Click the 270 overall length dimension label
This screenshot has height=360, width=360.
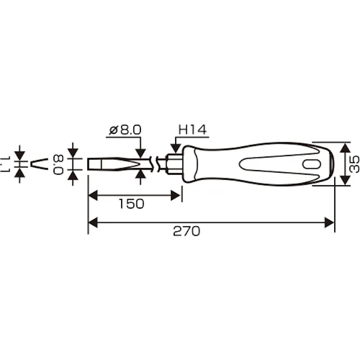coord(186,231)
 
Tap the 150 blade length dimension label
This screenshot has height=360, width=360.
coord(131,203)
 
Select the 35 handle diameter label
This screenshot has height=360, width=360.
coord(354,164)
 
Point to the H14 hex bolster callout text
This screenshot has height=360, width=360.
coord(192,130)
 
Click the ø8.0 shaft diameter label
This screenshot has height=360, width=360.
coord(125,130)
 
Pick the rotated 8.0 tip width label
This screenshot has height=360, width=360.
coord(59,164)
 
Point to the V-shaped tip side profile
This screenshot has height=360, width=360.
coord(38,164)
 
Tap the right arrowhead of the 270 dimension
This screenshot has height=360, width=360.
coord(329,222)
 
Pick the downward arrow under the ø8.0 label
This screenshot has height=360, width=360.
coord(141,152)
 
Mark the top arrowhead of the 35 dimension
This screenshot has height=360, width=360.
coord(344,147)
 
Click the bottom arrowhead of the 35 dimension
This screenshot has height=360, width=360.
coord(344,180)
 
